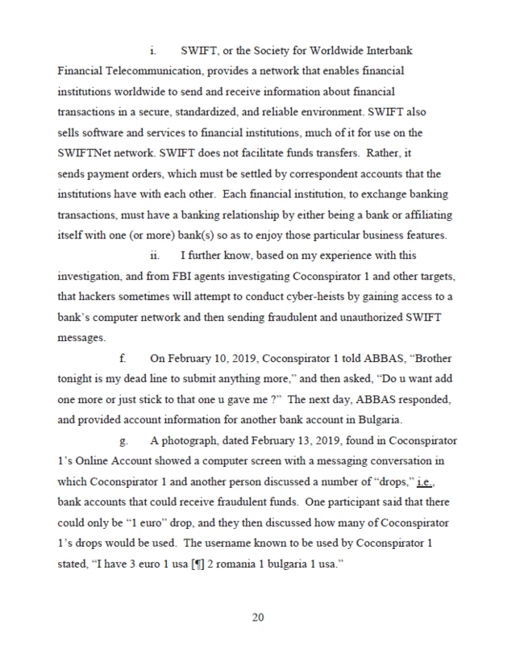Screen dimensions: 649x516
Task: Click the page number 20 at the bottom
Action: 258,618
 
